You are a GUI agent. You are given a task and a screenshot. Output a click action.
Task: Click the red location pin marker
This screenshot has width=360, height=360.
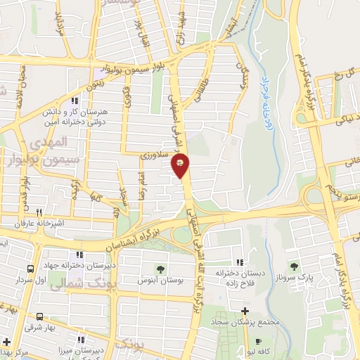point(181,166)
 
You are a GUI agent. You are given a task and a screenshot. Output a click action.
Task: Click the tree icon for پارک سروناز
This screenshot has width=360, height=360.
point(294,266)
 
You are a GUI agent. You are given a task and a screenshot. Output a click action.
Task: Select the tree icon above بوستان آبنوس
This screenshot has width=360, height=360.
point(161,269)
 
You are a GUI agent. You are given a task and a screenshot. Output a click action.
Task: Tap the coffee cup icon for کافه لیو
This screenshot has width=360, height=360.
point(257,341)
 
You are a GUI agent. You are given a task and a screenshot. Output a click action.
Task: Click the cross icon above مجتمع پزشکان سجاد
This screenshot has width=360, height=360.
point(245,311)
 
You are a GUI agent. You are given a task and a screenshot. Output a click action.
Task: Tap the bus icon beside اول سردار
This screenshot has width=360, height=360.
point(30,269)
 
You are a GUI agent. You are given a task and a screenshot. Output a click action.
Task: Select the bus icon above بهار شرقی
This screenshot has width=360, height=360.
point(39,316)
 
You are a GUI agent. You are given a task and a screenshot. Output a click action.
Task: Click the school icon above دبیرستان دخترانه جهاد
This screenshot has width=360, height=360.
point(81,255)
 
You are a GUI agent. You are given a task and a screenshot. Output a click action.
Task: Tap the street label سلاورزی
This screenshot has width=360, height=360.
point(153,154)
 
